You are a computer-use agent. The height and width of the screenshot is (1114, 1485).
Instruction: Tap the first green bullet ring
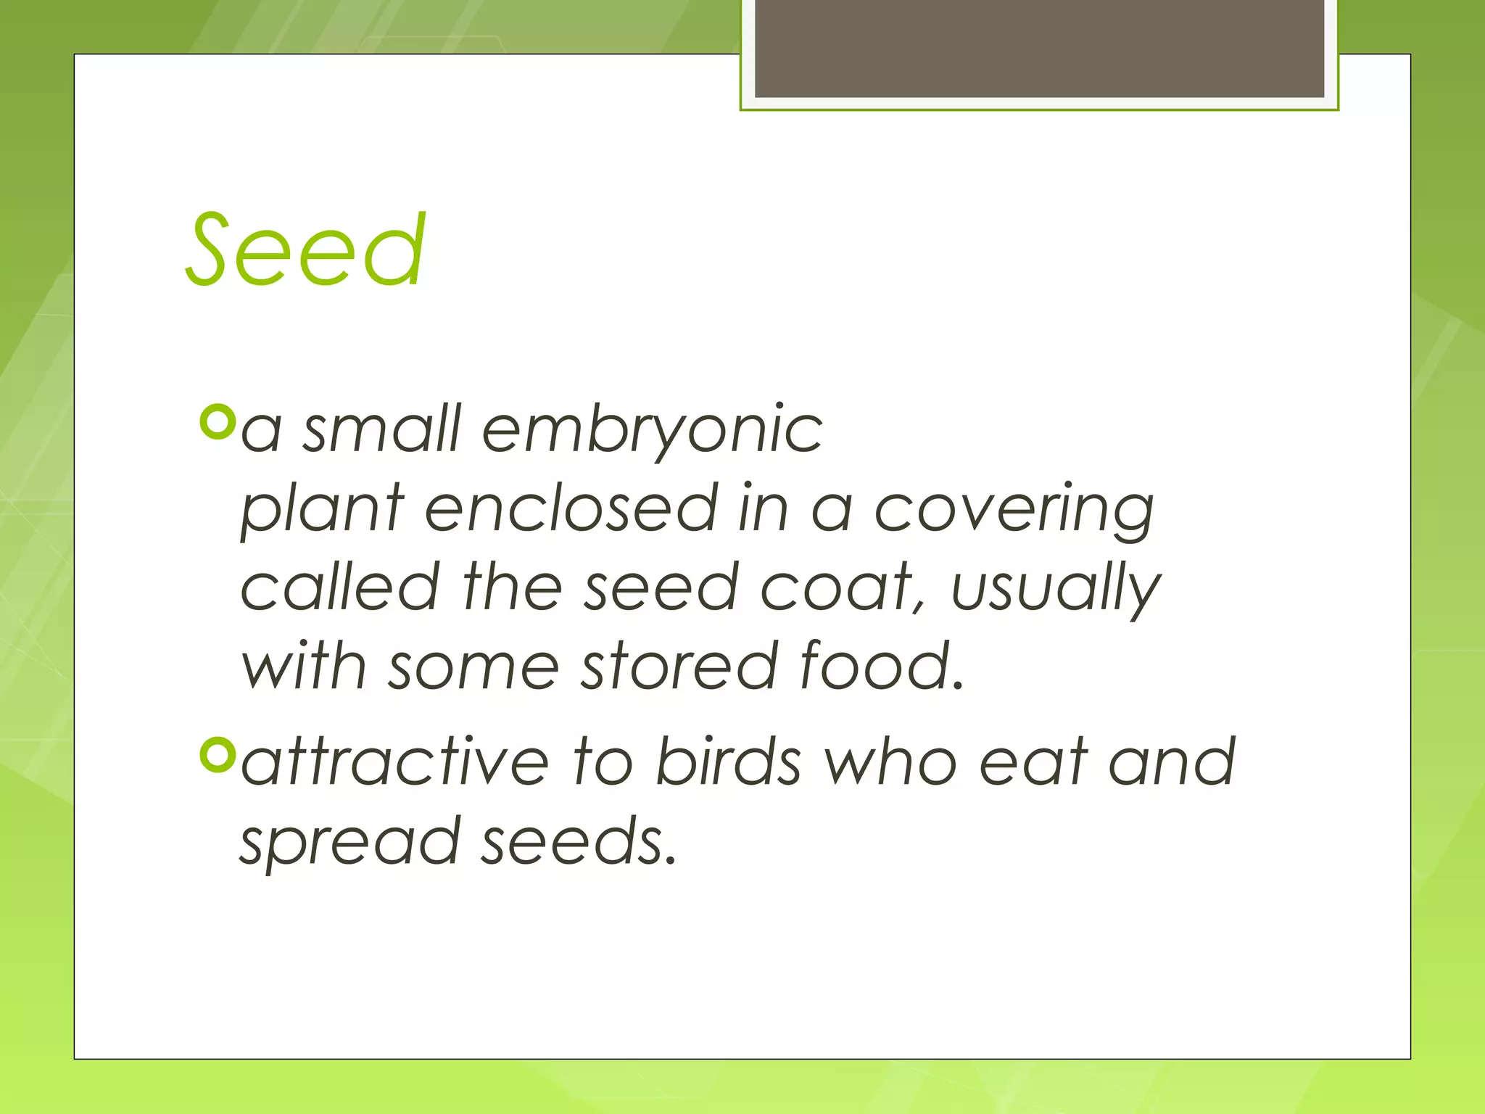[x=217, y=422]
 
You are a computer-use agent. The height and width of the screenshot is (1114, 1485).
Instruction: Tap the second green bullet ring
[x=217, y=755]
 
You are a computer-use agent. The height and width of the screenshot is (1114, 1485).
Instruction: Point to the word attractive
[x=395, y=762]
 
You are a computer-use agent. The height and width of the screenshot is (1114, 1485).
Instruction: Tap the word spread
[x=350, y=843]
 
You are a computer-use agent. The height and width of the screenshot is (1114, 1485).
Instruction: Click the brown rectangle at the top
[x=1039, y=48]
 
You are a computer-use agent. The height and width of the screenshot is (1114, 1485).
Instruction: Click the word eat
[x=1033, y=762]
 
